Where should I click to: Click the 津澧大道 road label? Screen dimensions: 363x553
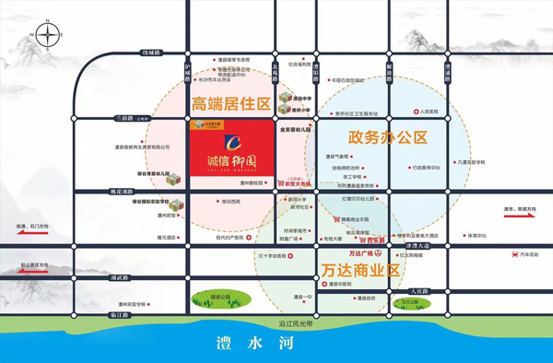418,246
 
